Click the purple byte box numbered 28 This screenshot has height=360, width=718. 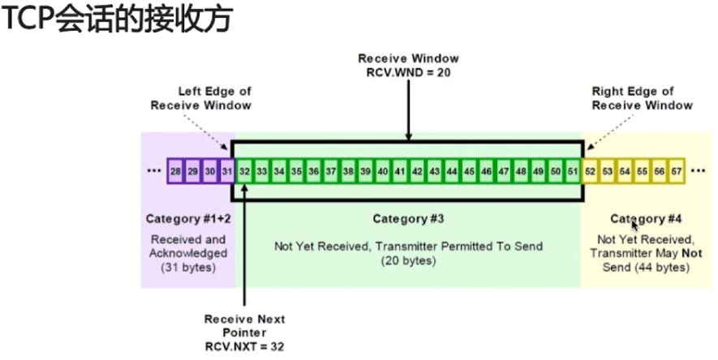tap(175, 172)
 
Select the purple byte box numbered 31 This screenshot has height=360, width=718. tap(227, 172)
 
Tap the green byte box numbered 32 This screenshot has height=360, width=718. tap(244, 172)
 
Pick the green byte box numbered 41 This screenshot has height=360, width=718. tap(400, 172)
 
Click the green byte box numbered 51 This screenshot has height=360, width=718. tap(573, 172)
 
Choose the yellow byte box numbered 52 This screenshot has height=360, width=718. tap(591, 172)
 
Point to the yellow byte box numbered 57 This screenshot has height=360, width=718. tap(677, 172)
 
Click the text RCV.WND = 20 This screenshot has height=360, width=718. tap(409, 71)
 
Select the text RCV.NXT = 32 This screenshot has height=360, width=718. tap(244, 345)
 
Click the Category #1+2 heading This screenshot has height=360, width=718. tap(186, 219)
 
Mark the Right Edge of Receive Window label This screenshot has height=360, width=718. tap(642, 98)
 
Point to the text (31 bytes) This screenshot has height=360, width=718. tap(187, 268)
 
